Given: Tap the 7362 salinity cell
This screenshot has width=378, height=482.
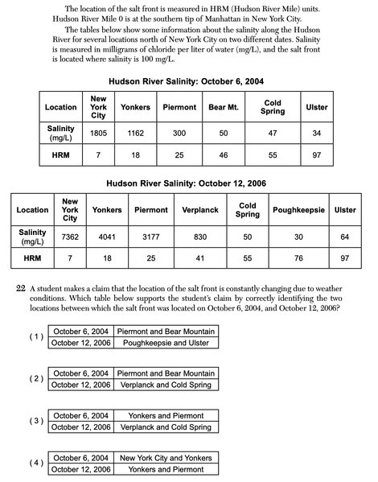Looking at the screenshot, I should [x=70, y=233].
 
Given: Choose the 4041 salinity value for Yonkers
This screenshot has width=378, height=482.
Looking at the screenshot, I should [x=106, y=233].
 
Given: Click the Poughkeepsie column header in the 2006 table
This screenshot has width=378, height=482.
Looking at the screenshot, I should [x=298, y=210].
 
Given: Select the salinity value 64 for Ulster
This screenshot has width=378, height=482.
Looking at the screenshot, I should [x=345, y=233].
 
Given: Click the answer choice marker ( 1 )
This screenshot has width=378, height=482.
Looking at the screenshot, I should [x=36, y=336].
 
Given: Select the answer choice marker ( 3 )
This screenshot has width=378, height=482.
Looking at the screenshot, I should [x=36, y=421].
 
